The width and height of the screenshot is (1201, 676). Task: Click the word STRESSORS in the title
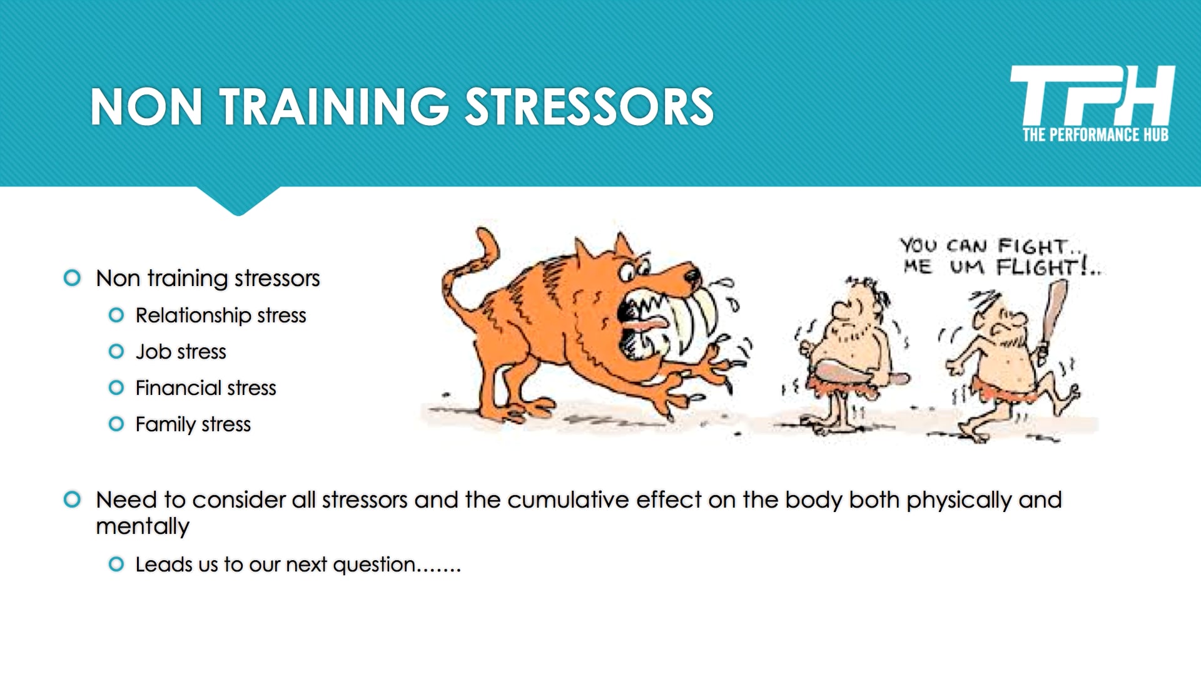(589, 107)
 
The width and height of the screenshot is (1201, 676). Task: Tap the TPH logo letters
(1092, 95)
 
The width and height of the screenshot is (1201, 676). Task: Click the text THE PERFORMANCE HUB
(1095, 135)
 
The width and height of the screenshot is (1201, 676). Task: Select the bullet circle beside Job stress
(116, 352)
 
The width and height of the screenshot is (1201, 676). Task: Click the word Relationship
(193, 315)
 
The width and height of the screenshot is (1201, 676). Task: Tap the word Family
(166, 424)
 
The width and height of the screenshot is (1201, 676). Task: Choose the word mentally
(142, 527)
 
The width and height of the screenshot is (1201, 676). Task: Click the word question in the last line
(374, 565)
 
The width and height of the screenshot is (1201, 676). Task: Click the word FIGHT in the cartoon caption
(1032, 245)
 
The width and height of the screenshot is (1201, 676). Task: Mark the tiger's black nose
(693, 274)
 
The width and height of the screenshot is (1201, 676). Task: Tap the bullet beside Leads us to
(116, 565)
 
